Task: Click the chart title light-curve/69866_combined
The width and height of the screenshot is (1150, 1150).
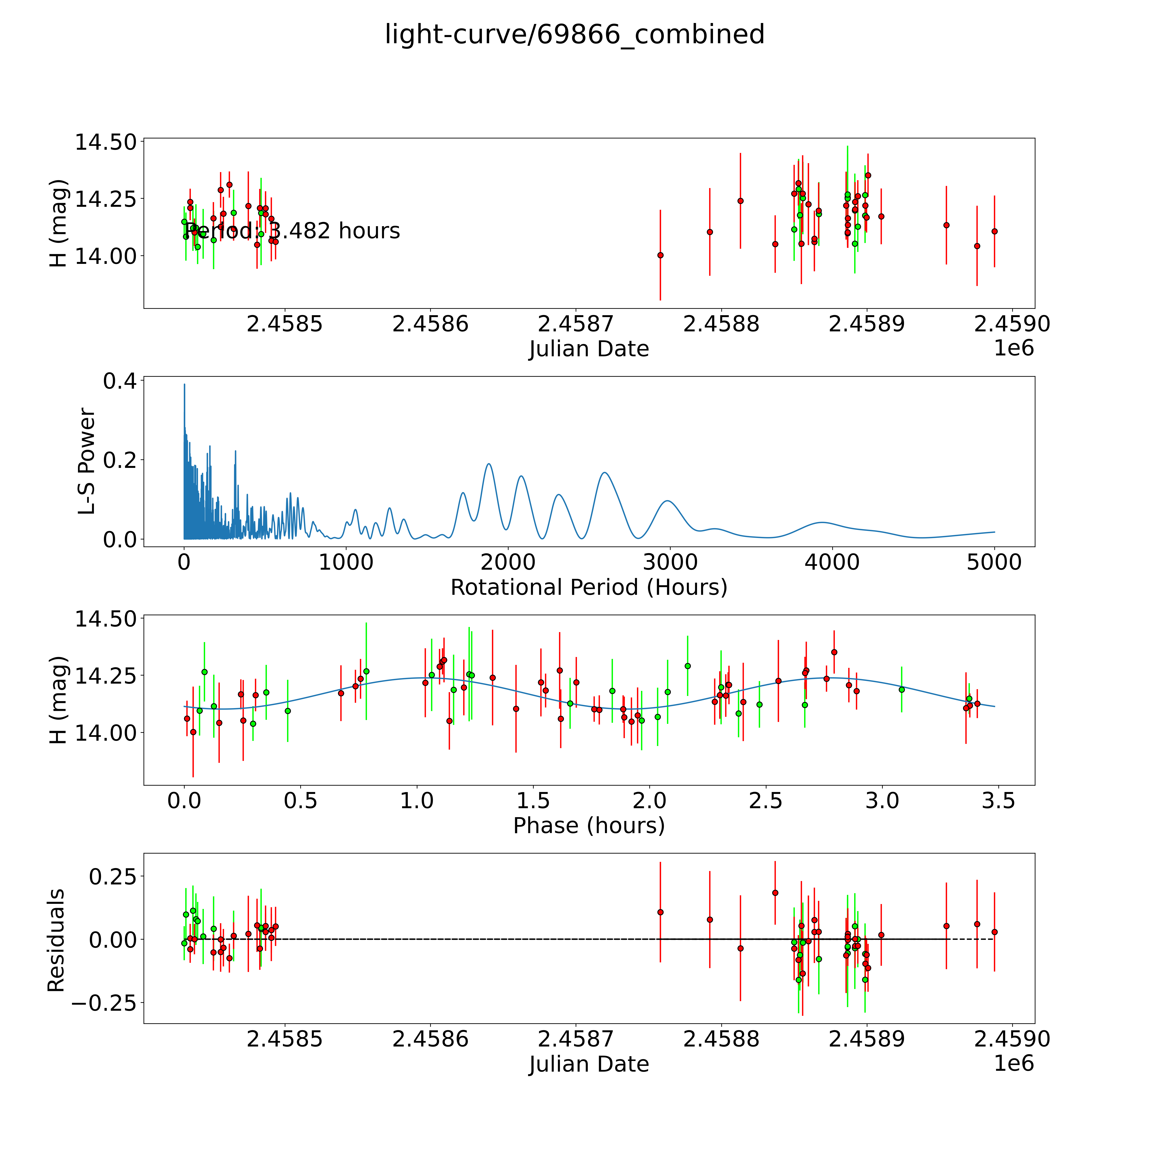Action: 574,34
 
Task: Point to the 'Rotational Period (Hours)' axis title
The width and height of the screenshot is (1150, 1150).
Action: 589,588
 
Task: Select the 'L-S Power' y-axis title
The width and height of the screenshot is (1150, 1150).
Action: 87,461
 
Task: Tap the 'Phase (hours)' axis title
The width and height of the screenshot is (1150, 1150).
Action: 589,826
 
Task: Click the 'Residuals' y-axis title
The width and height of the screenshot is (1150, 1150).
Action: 56,940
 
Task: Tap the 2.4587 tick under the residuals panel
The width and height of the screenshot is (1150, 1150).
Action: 576,1039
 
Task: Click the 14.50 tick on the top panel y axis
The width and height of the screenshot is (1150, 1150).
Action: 105,142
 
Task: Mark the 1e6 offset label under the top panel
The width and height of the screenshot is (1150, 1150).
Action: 1014,348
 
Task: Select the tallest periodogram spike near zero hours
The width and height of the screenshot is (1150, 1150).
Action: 184,385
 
